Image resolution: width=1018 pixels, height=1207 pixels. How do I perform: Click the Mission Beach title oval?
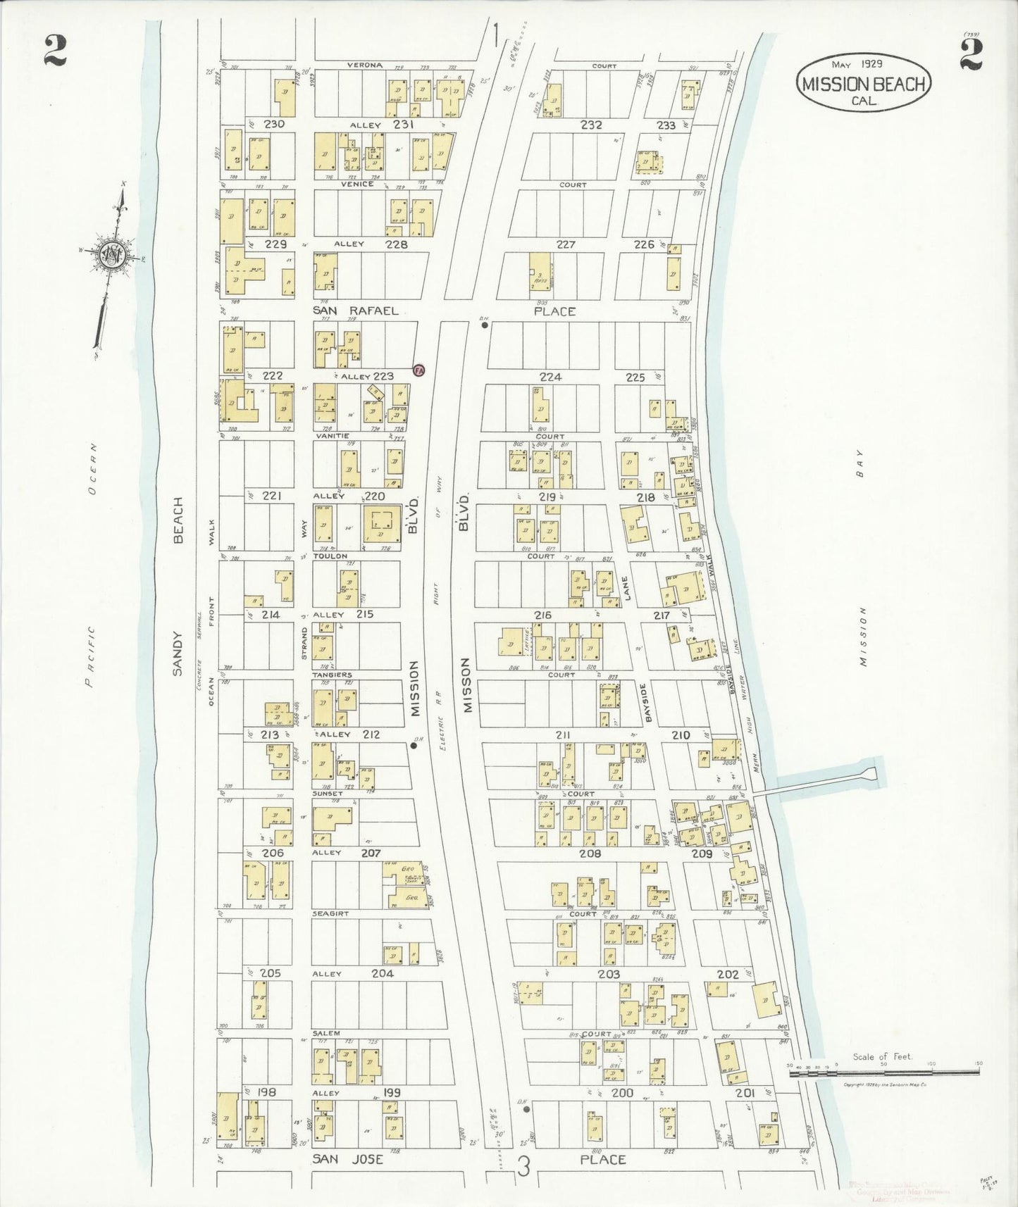coord(864,83)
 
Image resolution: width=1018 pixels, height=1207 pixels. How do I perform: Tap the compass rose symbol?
coord(114,255)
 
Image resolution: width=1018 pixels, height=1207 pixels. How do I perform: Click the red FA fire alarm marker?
coord(418,370)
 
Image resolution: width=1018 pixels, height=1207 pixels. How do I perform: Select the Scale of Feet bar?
coord(883,1071)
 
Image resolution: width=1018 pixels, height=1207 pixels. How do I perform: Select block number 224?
coord(550,377)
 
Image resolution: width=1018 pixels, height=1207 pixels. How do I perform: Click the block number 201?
coord(745,1093)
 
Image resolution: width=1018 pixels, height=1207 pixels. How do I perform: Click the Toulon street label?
coord(330,556)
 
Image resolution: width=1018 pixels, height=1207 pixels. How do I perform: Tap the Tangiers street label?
coord(332,675)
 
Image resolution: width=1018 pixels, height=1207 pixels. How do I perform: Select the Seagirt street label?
coord(330,913)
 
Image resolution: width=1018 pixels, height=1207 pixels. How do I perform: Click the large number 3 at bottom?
coord(523,1166)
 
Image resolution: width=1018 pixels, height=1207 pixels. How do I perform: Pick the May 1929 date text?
coord(857,64)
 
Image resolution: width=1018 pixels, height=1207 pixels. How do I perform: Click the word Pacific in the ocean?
coord(89,656)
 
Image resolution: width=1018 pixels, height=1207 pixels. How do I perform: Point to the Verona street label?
coord(364,65)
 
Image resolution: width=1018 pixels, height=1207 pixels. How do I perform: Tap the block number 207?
coord(371,853)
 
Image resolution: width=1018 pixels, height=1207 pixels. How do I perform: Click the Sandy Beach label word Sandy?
coord(178,653)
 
